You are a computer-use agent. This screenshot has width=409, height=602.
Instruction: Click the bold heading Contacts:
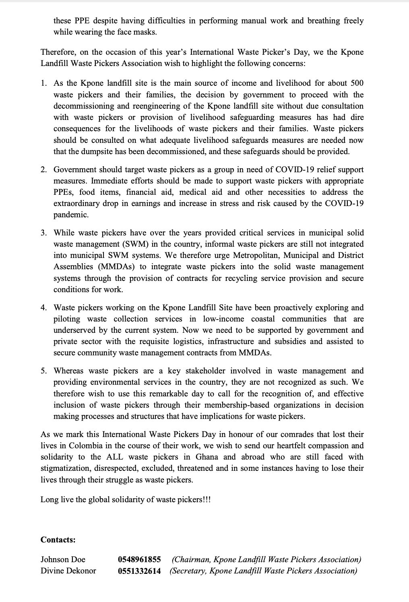click(58, 540)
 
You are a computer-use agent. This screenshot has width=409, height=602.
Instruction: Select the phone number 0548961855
click(139, 559)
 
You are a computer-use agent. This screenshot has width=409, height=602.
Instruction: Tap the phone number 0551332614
click(139, 571)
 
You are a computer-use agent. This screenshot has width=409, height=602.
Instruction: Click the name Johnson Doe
click(63, 559)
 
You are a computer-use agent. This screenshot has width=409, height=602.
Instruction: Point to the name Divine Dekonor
click(68, 571)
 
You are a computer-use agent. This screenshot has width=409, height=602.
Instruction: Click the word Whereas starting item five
click(68, 371)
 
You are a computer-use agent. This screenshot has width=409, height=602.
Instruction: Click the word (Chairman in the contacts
click(191, 559)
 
